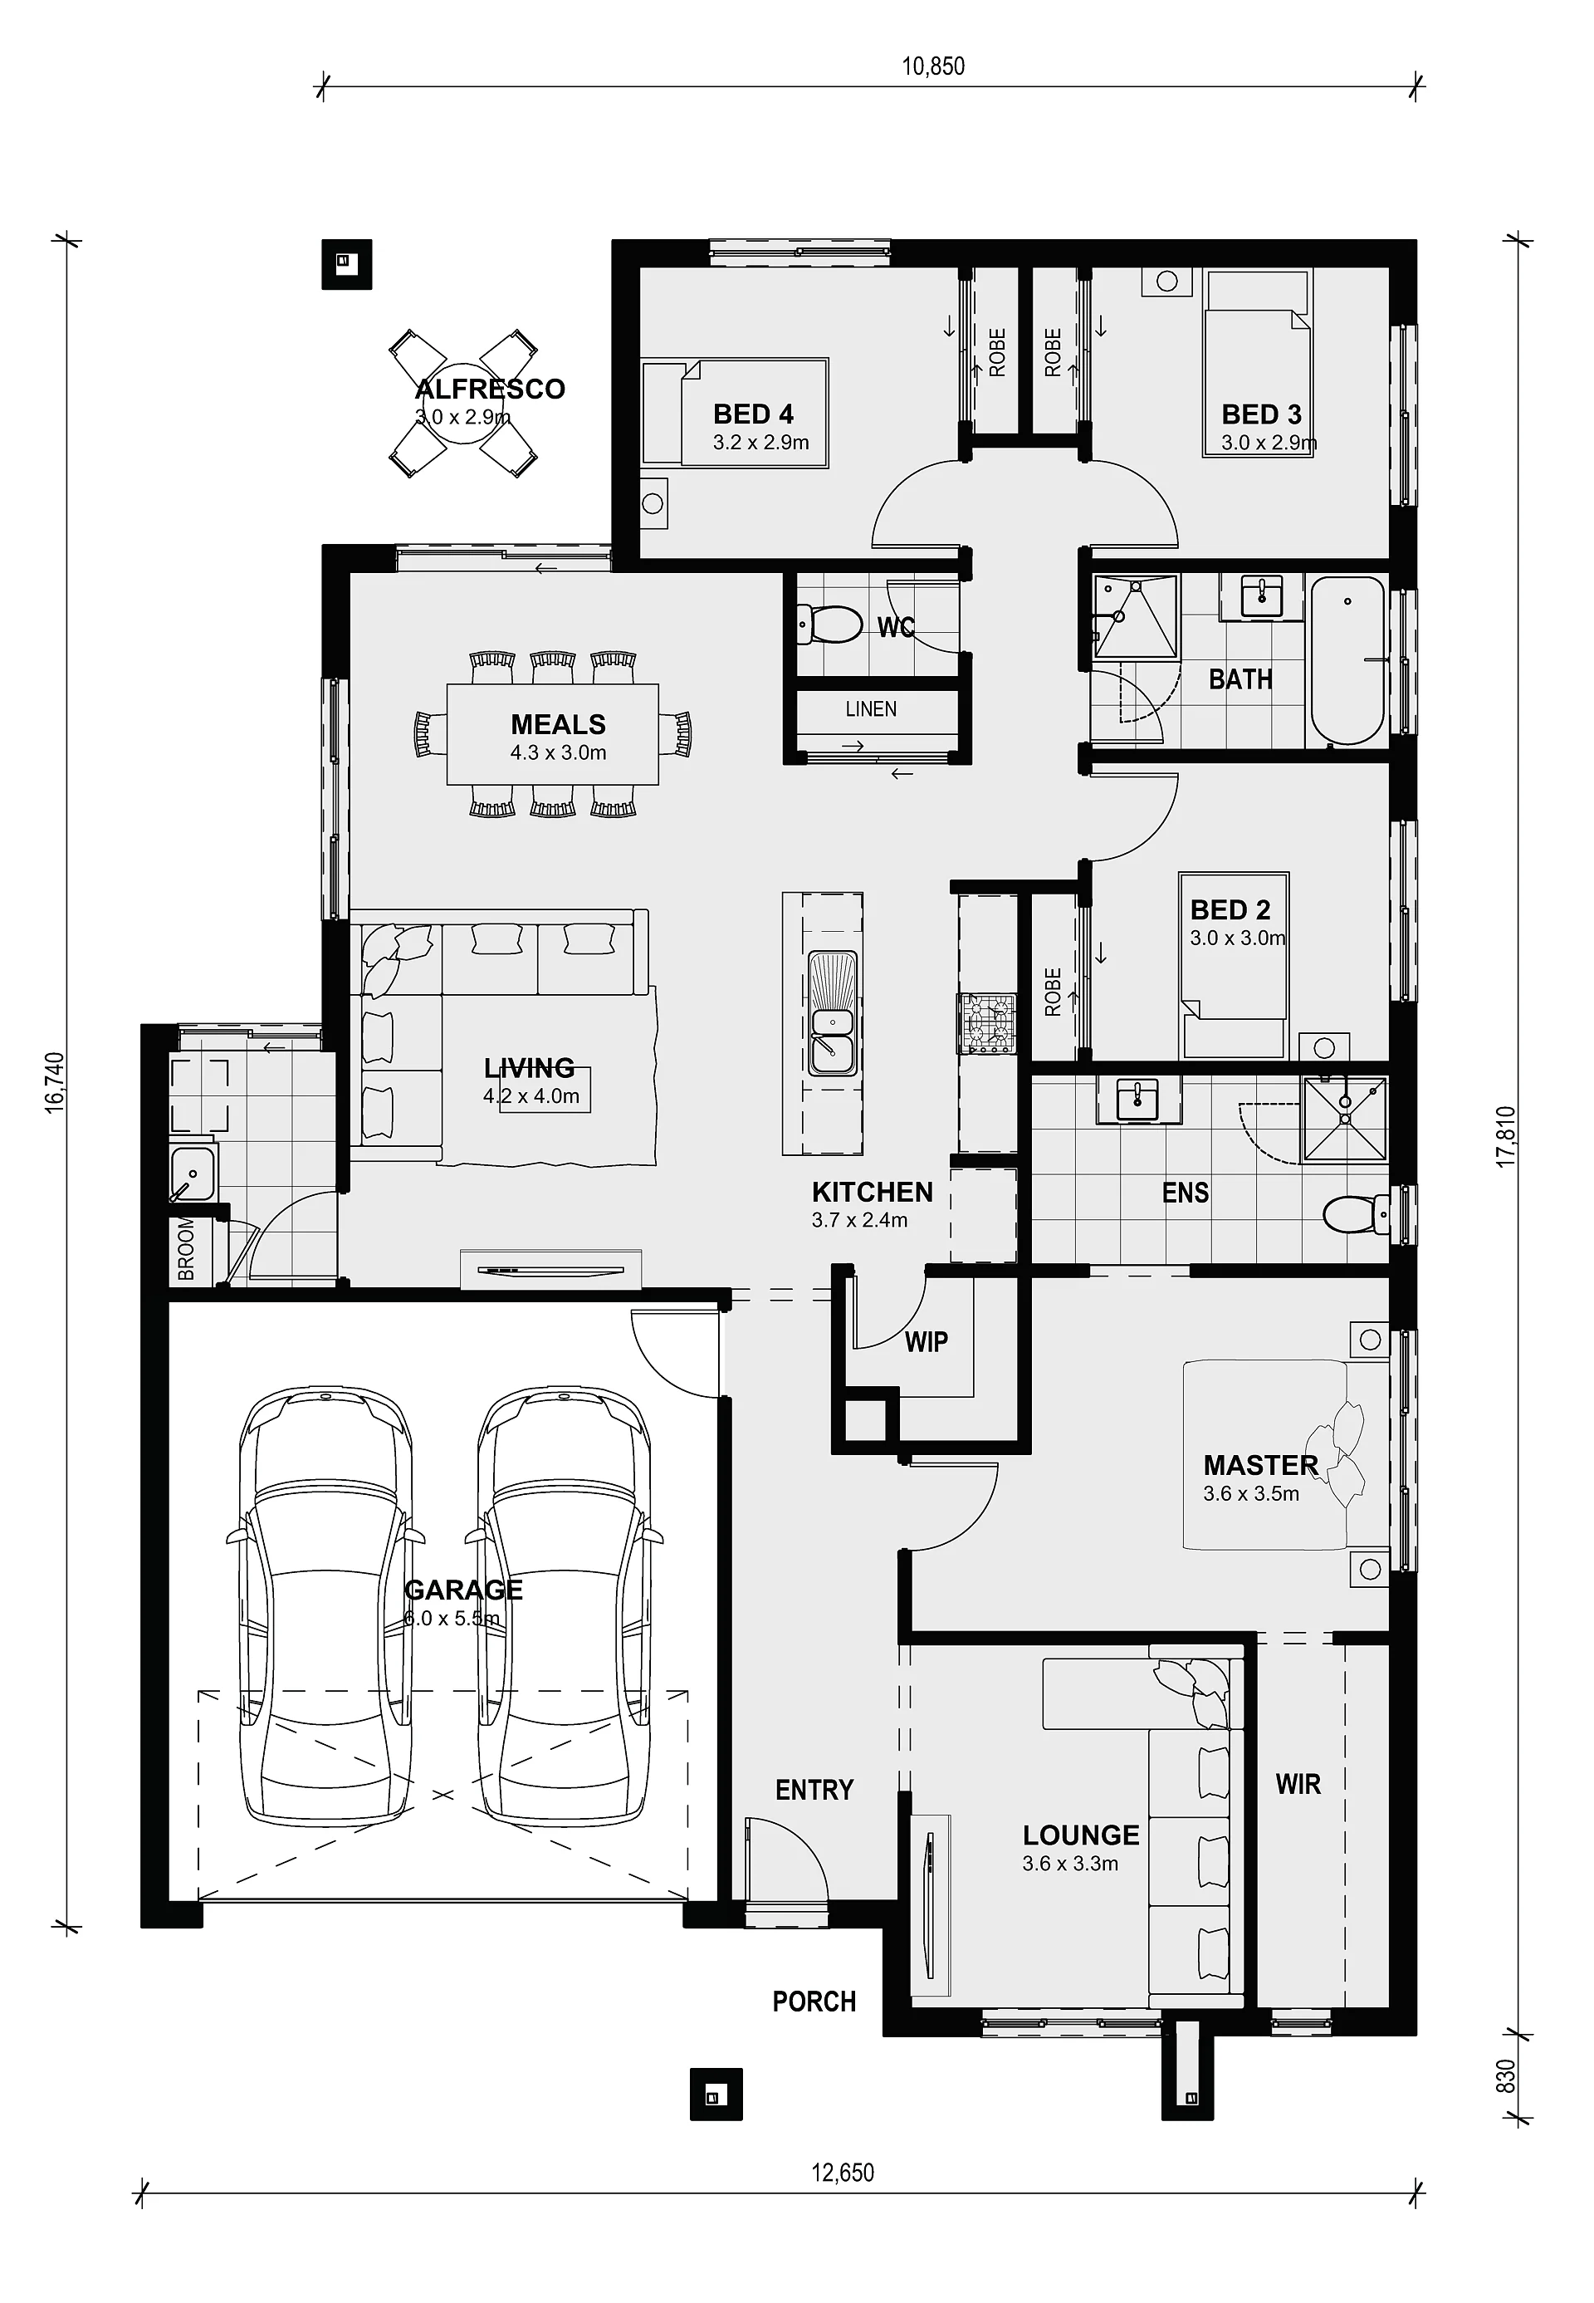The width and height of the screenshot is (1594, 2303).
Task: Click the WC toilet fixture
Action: [829, 626]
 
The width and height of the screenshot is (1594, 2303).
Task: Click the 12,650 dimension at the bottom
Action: [842, 2172]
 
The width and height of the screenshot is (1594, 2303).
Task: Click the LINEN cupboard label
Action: [871, 708]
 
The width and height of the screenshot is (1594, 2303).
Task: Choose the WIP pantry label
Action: [926, 1342]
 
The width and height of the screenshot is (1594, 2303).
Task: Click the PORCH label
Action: [814, 2002]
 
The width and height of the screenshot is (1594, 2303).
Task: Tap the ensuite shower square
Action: [1344, 1119]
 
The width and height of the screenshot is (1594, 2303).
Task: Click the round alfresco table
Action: [462, 404]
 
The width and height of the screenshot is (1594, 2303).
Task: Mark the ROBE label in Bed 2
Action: [1053, 991]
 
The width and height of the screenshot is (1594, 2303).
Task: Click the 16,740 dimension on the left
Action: [55, 1082]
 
